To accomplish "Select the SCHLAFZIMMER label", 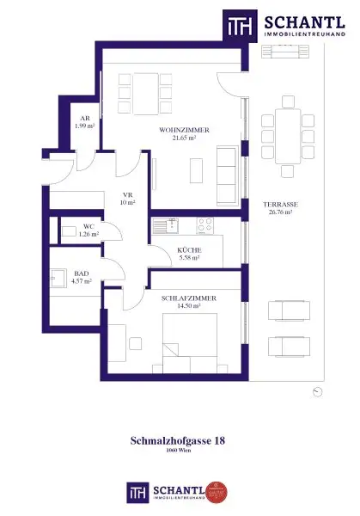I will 188,298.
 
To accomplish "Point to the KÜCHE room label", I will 188,249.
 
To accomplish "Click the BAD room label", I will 82,273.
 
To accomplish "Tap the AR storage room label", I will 85,119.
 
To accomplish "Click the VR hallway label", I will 128,195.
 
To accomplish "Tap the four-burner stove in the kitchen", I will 205,225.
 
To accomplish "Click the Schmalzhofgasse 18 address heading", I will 180,439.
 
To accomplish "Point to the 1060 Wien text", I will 180,451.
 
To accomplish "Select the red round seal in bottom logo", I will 217,491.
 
